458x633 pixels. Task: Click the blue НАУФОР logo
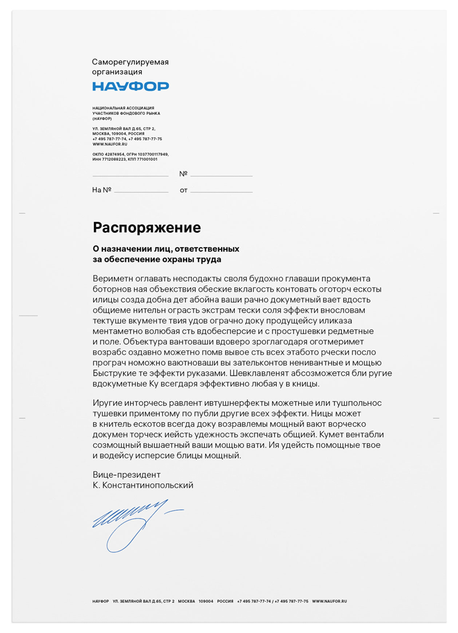tap(131, 86)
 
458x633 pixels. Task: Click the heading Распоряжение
tap(147, 228)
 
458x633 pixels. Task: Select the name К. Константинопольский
tap(143, 485)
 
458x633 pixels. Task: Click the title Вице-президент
tap(127, 475)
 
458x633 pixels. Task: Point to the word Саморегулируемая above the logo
tap(131, 61)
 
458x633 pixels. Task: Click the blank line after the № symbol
tap(221, 175)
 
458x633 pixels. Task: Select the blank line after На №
tap(141, 191)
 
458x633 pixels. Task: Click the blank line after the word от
tap(221, 191)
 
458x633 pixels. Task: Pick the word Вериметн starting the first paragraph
tap(111, 278)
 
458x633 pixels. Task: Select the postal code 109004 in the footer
tap(206, 602)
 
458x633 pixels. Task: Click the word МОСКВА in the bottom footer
tap(186, 602)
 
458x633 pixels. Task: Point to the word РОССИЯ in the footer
tap(225, 602)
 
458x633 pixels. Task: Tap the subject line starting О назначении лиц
tap(166, 249)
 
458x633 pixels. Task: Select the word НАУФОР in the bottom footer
tap(100, 602)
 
